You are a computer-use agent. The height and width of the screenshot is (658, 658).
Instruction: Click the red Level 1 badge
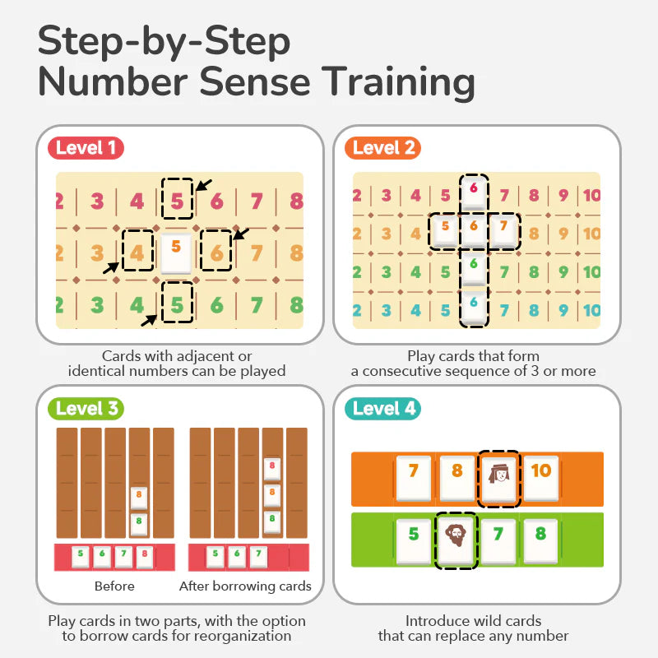click(x=86, y=148)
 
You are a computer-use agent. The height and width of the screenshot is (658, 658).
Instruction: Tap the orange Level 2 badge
click(x=383, y=148)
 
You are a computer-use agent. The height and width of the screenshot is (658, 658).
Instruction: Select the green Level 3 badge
click(x=86, y=409)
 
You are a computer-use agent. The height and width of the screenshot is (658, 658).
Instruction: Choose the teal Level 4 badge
click(x=384, y=409)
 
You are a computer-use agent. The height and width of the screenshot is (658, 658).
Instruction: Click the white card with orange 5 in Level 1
click(x=176, y=253)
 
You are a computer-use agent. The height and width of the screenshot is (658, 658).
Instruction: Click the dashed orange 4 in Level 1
click(x=137, y=251)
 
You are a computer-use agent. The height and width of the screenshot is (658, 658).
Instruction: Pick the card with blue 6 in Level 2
click(x=473, y=305)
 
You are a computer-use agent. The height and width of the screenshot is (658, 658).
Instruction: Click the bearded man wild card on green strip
click(x=456, y=540)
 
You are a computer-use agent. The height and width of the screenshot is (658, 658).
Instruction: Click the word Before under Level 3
click(x=114, y=586)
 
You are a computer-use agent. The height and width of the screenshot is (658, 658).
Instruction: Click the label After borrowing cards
click(x=245, y=586)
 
